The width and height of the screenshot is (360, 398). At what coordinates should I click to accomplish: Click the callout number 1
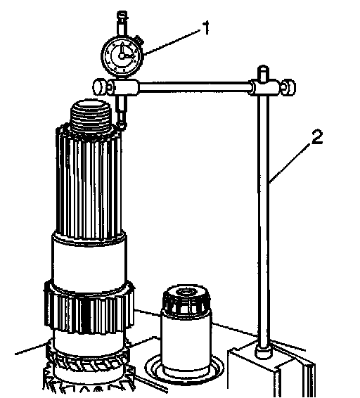206,28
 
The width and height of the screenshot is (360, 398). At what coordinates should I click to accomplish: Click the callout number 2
316,137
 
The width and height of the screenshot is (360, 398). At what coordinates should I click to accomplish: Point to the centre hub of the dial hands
122,56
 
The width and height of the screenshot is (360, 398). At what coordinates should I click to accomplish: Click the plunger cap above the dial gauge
122,15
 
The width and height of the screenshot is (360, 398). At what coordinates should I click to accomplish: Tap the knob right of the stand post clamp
290,87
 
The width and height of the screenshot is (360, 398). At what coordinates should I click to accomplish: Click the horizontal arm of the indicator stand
195,86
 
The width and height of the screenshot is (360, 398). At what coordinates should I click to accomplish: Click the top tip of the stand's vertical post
263,67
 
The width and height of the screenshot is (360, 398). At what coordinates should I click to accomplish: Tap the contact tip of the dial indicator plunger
122,125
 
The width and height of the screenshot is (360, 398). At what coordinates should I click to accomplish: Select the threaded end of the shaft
91,116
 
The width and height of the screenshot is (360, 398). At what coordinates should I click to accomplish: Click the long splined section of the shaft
89,183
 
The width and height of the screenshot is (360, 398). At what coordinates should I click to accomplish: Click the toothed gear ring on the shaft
89,309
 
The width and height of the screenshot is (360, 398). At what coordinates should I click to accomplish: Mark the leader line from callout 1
173,42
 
